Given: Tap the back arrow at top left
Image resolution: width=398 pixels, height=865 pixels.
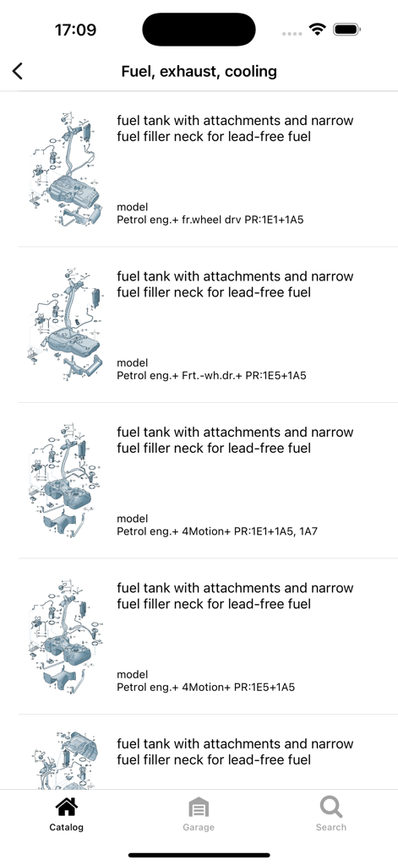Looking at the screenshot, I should (x=18, y=71).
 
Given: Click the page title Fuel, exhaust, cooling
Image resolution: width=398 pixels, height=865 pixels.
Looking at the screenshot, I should (x=199, y=71).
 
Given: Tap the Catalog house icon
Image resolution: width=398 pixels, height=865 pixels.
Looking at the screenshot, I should (x=66, y=808).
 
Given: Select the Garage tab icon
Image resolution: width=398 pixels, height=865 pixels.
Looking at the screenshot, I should (x=199, y=808).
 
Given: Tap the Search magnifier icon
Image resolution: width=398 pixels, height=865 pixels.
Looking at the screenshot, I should (x=331, y=807).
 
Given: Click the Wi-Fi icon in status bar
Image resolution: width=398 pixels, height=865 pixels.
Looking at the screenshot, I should (x=317, y=30).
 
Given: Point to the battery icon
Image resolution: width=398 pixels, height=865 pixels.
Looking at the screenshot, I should (x=347, y=30).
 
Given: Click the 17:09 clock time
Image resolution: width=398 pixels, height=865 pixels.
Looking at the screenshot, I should (x=75, y=30).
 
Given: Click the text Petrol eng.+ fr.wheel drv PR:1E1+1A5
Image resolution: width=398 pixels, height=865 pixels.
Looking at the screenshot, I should (x=210, y=220).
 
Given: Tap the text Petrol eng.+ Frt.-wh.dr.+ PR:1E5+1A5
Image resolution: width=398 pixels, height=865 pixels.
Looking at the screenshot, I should (x=211, y=375).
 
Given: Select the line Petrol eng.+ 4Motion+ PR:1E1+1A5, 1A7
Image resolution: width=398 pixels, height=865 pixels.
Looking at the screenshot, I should (x=218, y=531).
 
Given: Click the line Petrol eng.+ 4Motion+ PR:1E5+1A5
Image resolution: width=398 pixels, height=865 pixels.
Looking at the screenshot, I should (x=205, y=688).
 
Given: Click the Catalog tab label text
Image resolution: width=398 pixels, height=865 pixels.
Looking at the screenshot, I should (x=67, y=827).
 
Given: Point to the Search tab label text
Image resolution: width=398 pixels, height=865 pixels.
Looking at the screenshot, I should (x=331, y=827).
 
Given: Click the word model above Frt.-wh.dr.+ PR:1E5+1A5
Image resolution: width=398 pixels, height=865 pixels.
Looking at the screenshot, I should (x=133, y=362).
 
